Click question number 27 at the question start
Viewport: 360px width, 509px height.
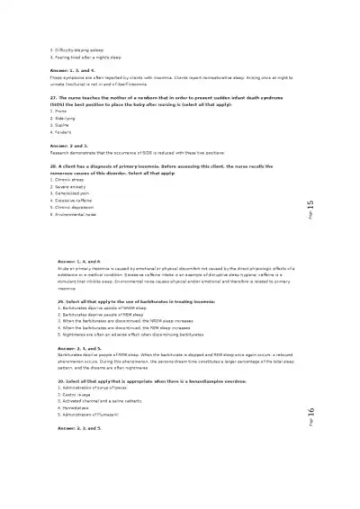pyautogui.click(x=53, y=96)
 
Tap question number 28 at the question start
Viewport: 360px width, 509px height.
pyautogui.click(x=53, y=166)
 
